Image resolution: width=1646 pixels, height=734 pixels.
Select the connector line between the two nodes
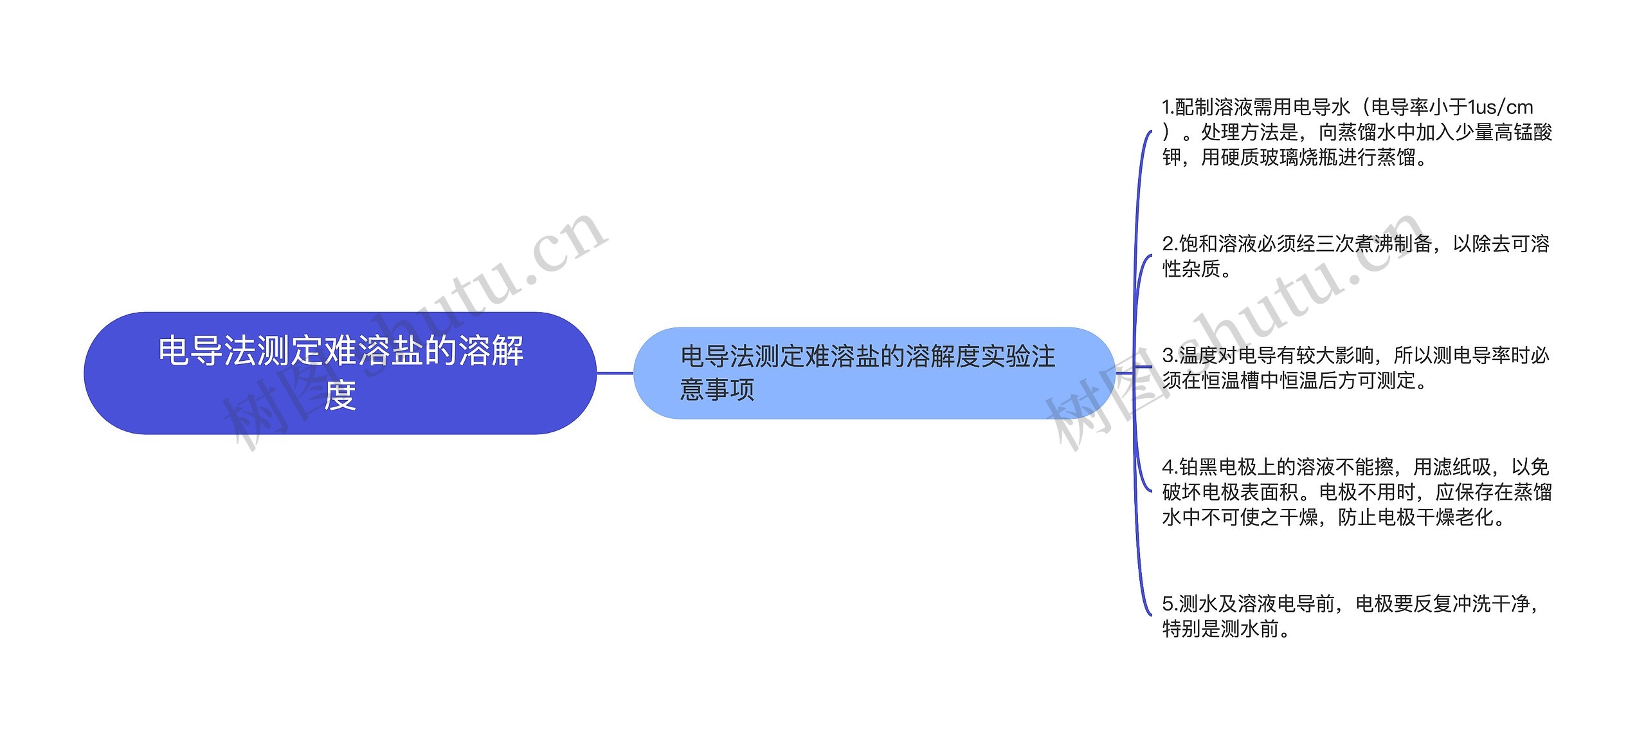click(x=615, y=373)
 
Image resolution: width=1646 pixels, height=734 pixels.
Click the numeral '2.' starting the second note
click(x=1170, y=244)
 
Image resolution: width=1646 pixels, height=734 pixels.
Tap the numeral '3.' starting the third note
click(x=1170, y=355)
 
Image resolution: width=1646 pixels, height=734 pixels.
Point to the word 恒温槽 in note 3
click(x=1231, y=381)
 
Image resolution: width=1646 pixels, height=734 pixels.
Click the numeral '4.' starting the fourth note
click(x=1170, y=467)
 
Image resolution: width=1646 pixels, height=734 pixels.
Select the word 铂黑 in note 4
click(x=1198, y=467)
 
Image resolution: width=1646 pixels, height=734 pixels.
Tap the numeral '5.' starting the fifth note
click(x=1170, y=604)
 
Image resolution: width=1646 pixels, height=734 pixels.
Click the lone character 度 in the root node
click(x=340, y=396)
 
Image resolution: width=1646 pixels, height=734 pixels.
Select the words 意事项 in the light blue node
click(x=717, y=390)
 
